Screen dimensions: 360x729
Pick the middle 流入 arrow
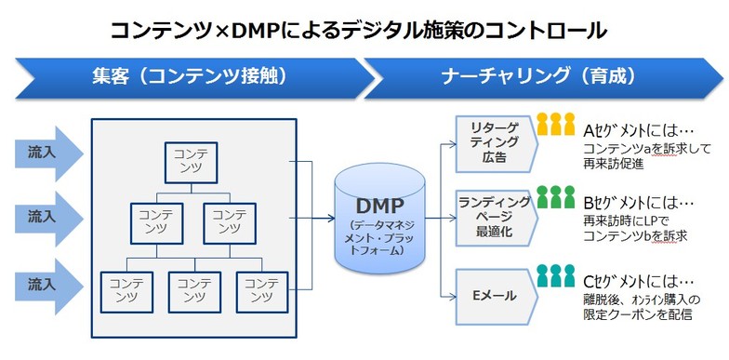[x=43, y=216]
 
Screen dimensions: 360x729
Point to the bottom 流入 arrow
[x=43, y=282]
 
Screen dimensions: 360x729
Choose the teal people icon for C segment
[x=556, y=275]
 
